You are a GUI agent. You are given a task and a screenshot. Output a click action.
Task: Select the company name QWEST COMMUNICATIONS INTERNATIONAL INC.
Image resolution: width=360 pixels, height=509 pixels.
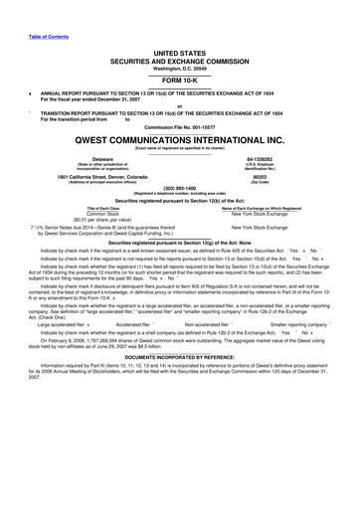click(x=180, y=142)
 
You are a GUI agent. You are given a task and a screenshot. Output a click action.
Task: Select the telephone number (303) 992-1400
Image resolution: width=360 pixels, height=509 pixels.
click(x=180, y=195)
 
